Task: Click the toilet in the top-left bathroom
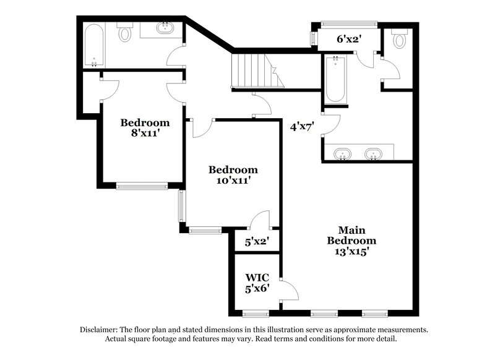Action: [x=126, y=32]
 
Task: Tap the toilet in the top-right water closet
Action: [x=399, y=39]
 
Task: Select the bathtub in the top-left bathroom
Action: [x=95, y=45]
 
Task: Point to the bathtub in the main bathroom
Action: [x=335, y=79]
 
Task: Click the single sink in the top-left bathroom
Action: [x=166, y=28]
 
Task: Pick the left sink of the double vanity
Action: [x=341, y=153]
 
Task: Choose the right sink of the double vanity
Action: [x=373, y=153]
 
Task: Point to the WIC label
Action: [x=256, y=277]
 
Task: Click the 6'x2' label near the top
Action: [x=349, y=39]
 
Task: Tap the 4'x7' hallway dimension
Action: [x=303, y=127]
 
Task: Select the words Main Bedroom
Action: [x=351, y=235]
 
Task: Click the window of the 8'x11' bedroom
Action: [x=142, y=185]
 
